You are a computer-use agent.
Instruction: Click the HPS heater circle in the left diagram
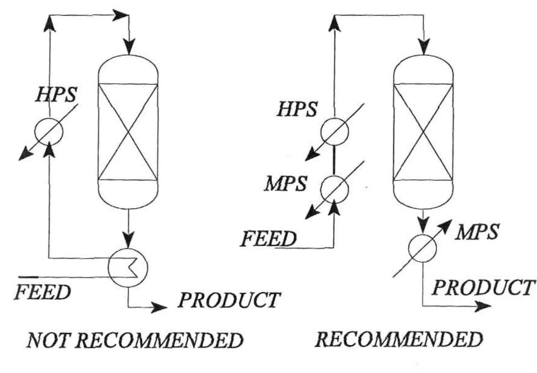point(49,131)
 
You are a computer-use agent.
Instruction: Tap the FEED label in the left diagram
point(42,292)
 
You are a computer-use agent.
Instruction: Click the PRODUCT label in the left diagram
point(229,300)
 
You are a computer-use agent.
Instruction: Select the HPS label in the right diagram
point(297,110)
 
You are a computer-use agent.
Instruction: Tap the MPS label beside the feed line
point(285,184)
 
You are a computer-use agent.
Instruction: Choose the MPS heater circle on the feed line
point(334,189)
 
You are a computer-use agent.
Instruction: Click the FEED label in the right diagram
point(268,239)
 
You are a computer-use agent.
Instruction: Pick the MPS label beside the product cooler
point(478,233)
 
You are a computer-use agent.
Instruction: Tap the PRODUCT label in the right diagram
point(483,288)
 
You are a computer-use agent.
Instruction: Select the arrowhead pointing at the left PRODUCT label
point(159,307)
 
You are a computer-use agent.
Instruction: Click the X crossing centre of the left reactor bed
point(128,132)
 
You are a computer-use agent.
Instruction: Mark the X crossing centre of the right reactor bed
point(423,132)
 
